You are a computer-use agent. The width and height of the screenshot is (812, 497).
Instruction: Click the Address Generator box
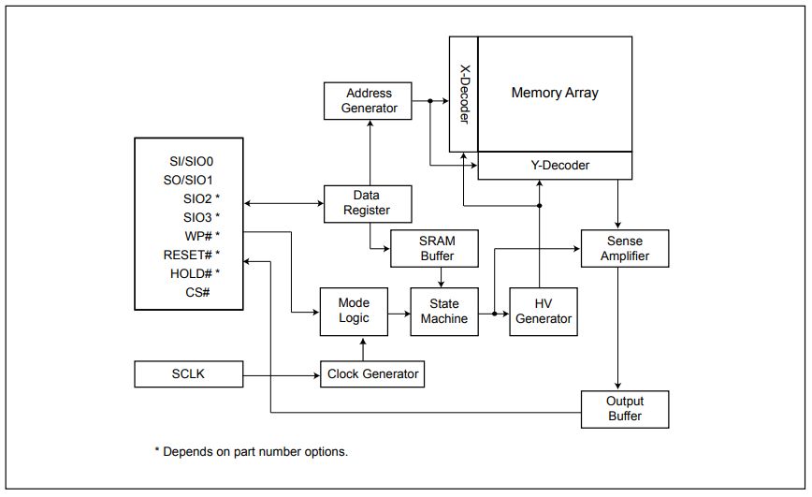pyautogui.click(x=370, y=101)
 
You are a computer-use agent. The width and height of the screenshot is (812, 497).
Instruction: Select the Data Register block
pyautogui.click(x=370, y=202)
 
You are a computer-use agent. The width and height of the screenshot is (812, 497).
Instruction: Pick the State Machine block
pyautogui.click(x=443, y=311)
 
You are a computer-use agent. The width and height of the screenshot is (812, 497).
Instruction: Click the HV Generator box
pyautogui.click(x=543, y=311)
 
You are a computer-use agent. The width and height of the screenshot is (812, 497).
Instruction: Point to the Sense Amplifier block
pyautogui.click(x=625, y=247)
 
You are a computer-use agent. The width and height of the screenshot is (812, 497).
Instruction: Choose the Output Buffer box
pyautogui.click(x=625, y=409)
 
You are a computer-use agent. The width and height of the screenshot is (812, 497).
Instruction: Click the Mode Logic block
pyautogui.click(x=353, y=311)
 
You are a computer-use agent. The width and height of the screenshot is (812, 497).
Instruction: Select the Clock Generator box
pyautogui.click(x=371, y=374)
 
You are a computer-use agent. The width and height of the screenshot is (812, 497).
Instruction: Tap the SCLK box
pyautogui.click(x=188, y=374)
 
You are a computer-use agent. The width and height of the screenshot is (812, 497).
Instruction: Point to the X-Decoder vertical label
pyautogui.click(x=464, y=95)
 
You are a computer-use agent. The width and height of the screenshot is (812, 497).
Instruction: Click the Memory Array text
pyautogui.click(x=555, y=93)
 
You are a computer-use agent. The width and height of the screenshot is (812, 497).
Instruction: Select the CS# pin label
pyautogui.click(x=197, y=292)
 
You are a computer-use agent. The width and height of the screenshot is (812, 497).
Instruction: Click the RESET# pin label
pyautogui.click(x=191, y=254)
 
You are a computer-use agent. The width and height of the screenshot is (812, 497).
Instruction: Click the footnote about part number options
pyautogui.click(x=251, y=451)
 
